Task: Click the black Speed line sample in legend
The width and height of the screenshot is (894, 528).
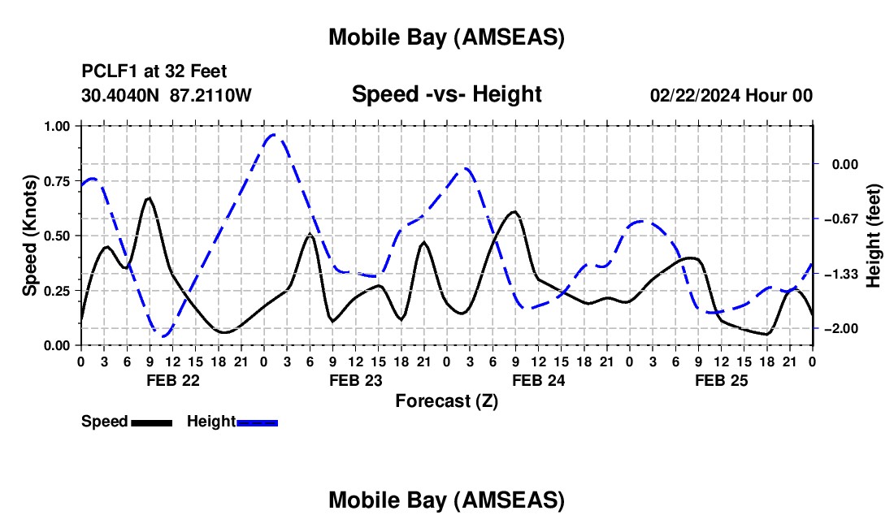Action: point(151,422)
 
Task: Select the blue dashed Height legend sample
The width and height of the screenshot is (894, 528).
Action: point(257,422)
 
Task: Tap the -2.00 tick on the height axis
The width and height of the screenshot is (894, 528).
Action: point(842,328)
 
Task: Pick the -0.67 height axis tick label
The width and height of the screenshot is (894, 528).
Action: point(842,219)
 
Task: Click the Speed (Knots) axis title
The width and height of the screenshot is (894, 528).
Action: point(29,236)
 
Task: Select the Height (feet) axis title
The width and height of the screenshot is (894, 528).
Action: point(874,236)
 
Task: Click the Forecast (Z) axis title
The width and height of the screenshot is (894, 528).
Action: point(446,400)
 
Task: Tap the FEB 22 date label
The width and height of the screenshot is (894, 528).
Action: point(172,380)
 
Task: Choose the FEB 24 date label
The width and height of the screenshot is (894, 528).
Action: point(538,380)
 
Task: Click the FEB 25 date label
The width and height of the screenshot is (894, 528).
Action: point(721,380)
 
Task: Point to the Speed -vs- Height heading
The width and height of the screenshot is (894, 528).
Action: point(446,94)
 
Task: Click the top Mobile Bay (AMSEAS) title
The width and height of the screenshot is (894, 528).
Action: point(446,37)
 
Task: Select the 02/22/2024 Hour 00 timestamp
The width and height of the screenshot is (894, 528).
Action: point(731,95)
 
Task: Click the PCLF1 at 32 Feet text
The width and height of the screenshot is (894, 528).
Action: point(154,71)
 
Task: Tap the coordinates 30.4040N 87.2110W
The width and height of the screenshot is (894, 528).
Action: point(167,95)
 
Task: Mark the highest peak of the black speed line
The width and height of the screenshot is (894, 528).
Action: point(149,197)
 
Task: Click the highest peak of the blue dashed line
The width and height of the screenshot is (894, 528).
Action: point(274,135)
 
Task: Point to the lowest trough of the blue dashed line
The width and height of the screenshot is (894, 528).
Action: point(163,336)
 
